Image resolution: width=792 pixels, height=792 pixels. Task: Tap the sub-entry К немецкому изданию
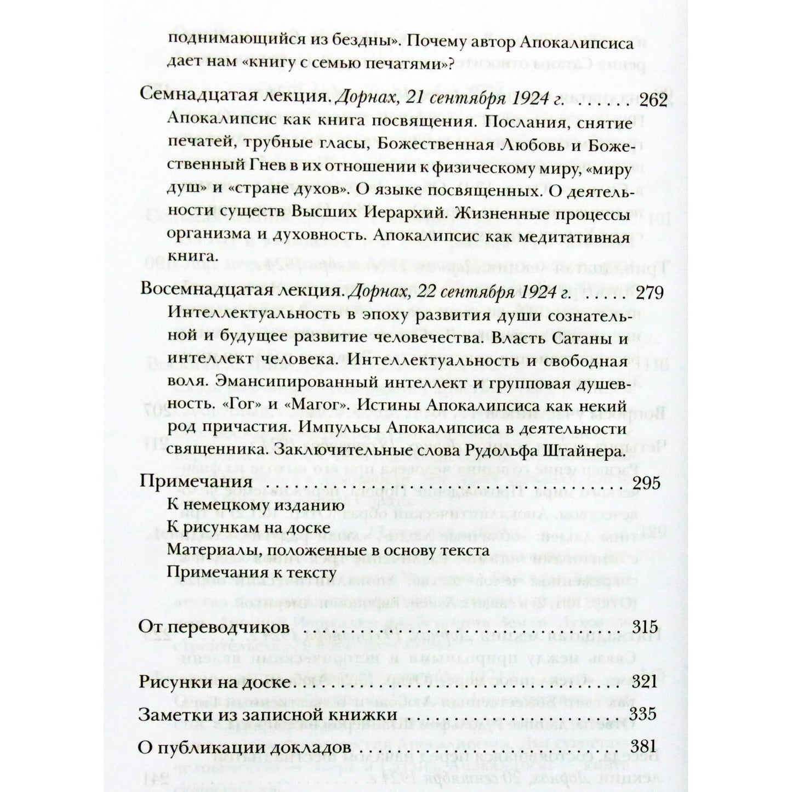[255, 505]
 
